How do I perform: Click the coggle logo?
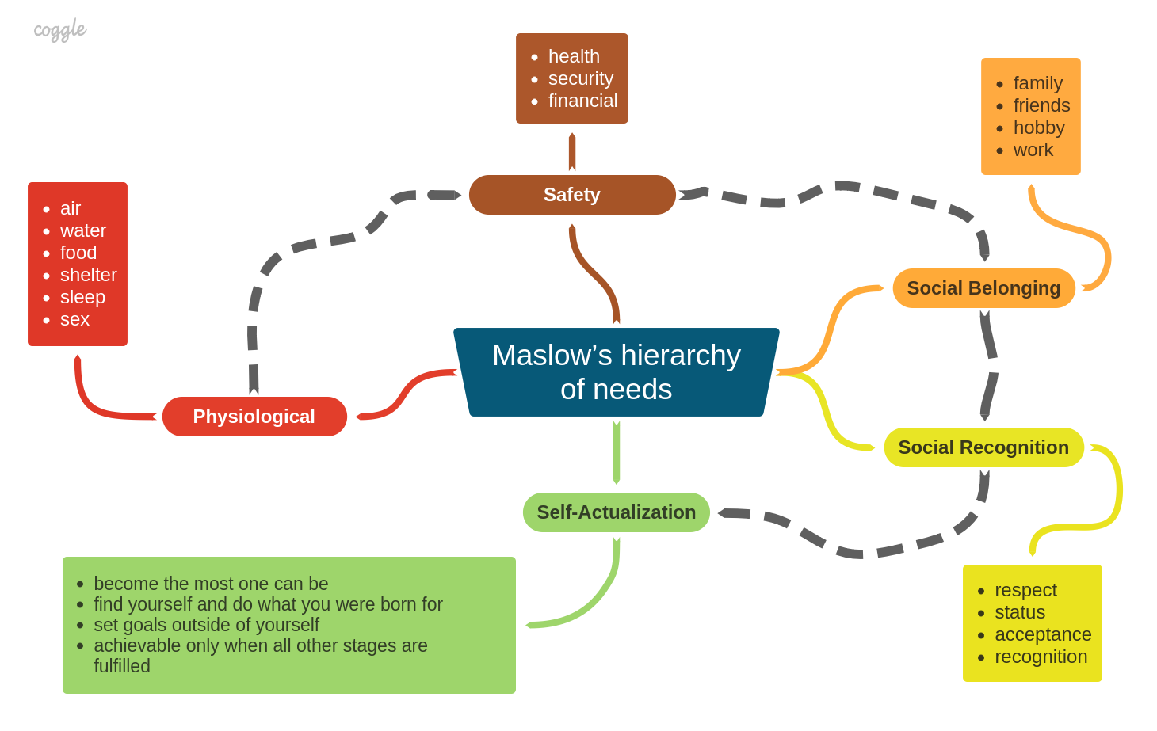click(x=60, y=30)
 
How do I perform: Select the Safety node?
click(x=572, y=195)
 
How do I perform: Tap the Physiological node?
click(x=254, y=417)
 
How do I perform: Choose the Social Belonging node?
click(x=984, y=288)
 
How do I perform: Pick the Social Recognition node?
click(x=983, y=447)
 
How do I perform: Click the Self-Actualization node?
click(x=617, y=512)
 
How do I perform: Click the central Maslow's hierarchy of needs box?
click(x=617, y=372)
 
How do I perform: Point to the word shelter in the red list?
click(x=88, y=275)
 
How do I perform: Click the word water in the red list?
click(x=83, y=230)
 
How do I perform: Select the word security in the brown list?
click(x=581, y=78)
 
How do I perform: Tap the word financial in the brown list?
click(x=582, y=101)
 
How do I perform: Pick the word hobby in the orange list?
click(x=1039, y=128)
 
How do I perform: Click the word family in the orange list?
click(x=1037, y=83)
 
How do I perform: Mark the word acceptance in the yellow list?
click(x=1043, y=634)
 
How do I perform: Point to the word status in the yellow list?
click(x=1020, y=612)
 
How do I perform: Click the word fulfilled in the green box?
click(x=122, y=666)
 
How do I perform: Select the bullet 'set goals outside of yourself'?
click(x=206, y=625)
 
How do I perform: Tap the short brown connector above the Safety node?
click(x=572, y=152)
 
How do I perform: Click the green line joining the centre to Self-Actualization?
click(x=617, y=453)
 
